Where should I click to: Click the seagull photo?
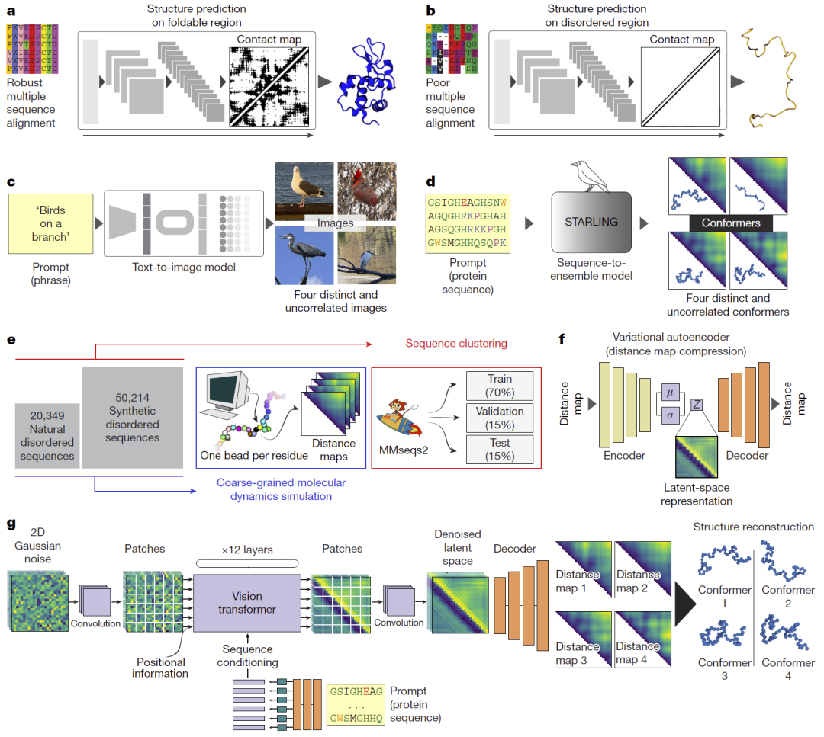[304, 191]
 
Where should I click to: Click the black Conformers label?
[731, 223]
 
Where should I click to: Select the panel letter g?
[11, 524]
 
